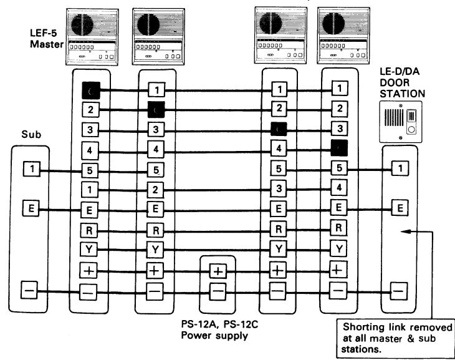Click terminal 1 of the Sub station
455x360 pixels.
point(32,169)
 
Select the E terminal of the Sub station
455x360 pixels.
point(31,209)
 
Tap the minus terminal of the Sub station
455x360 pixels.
point(29,290)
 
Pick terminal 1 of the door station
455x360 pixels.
point(400,168)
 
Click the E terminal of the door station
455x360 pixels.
point(400,208)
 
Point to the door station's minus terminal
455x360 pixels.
point(399,291)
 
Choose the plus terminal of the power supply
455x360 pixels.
point(218,271)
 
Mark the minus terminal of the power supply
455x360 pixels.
point(218,291)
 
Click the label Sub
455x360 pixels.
point(31,135)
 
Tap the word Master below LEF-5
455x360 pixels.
point(47,44)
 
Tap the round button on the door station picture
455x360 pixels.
point(411,129)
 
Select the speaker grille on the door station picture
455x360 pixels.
point(395,118)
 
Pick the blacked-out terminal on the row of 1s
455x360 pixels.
point(91,90)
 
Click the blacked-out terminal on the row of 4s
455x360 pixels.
point(339,148)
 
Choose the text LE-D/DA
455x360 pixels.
point(400,72)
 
